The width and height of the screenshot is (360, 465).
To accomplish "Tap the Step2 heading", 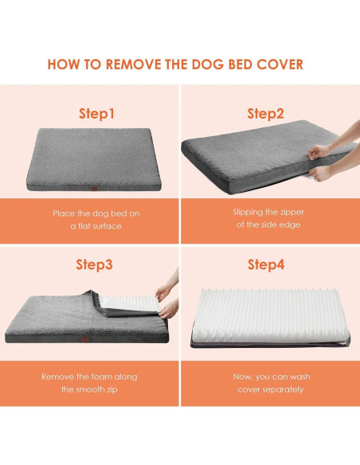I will tap(265, 114).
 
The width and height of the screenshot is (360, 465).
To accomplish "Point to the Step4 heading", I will tap(265, 264).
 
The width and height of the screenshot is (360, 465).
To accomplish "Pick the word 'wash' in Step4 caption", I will tap(297, 375).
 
